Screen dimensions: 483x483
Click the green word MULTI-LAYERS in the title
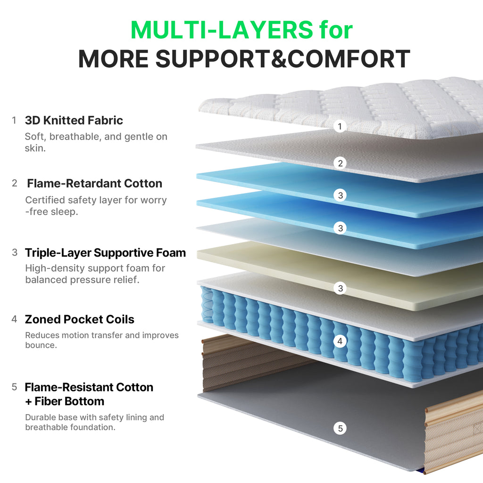click(x=222, y=30)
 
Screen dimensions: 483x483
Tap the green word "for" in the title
click(x=336, y=30)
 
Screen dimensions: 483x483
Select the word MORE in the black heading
click(x=113, y=59)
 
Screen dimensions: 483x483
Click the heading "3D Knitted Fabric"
click(x=74, y=120)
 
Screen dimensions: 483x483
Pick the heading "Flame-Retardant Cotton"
click(x=94, y=183)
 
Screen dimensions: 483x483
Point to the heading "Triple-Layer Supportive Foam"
click(x=105, y=253)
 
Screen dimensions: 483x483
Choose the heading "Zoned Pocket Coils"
click(x=79, y=319)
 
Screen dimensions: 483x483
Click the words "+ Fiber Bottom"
click(x=65, y=401)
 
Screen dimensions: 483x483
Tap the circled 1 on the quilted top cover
click(x=340, y=126)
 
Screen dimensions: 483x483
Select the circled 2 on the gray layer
click(x=340, y=163)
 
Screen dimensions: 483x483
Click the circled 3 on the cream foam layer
click(x=340, y=288)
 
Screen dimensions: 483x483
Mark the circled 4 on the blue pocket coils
click(x=340, y=341)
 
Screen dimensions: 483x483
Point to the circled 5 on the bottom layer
click(x=340, y=428)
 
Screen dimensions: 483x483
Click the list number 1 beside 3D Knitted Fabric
click(x=14, y=120)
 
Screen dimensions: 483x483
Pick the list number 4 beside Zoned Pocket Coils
click(x=14, y=319)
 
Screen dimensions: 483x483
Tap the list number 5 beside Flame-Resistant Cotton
click(x=14, y=387)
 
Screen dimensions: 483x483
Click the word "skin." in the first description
click(x=35, y=148)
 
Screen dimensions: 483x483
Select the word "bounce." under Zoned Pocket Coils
click(x=41, y=345)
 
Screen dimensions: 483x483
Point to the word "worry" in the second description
click(x=153, y=200)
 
